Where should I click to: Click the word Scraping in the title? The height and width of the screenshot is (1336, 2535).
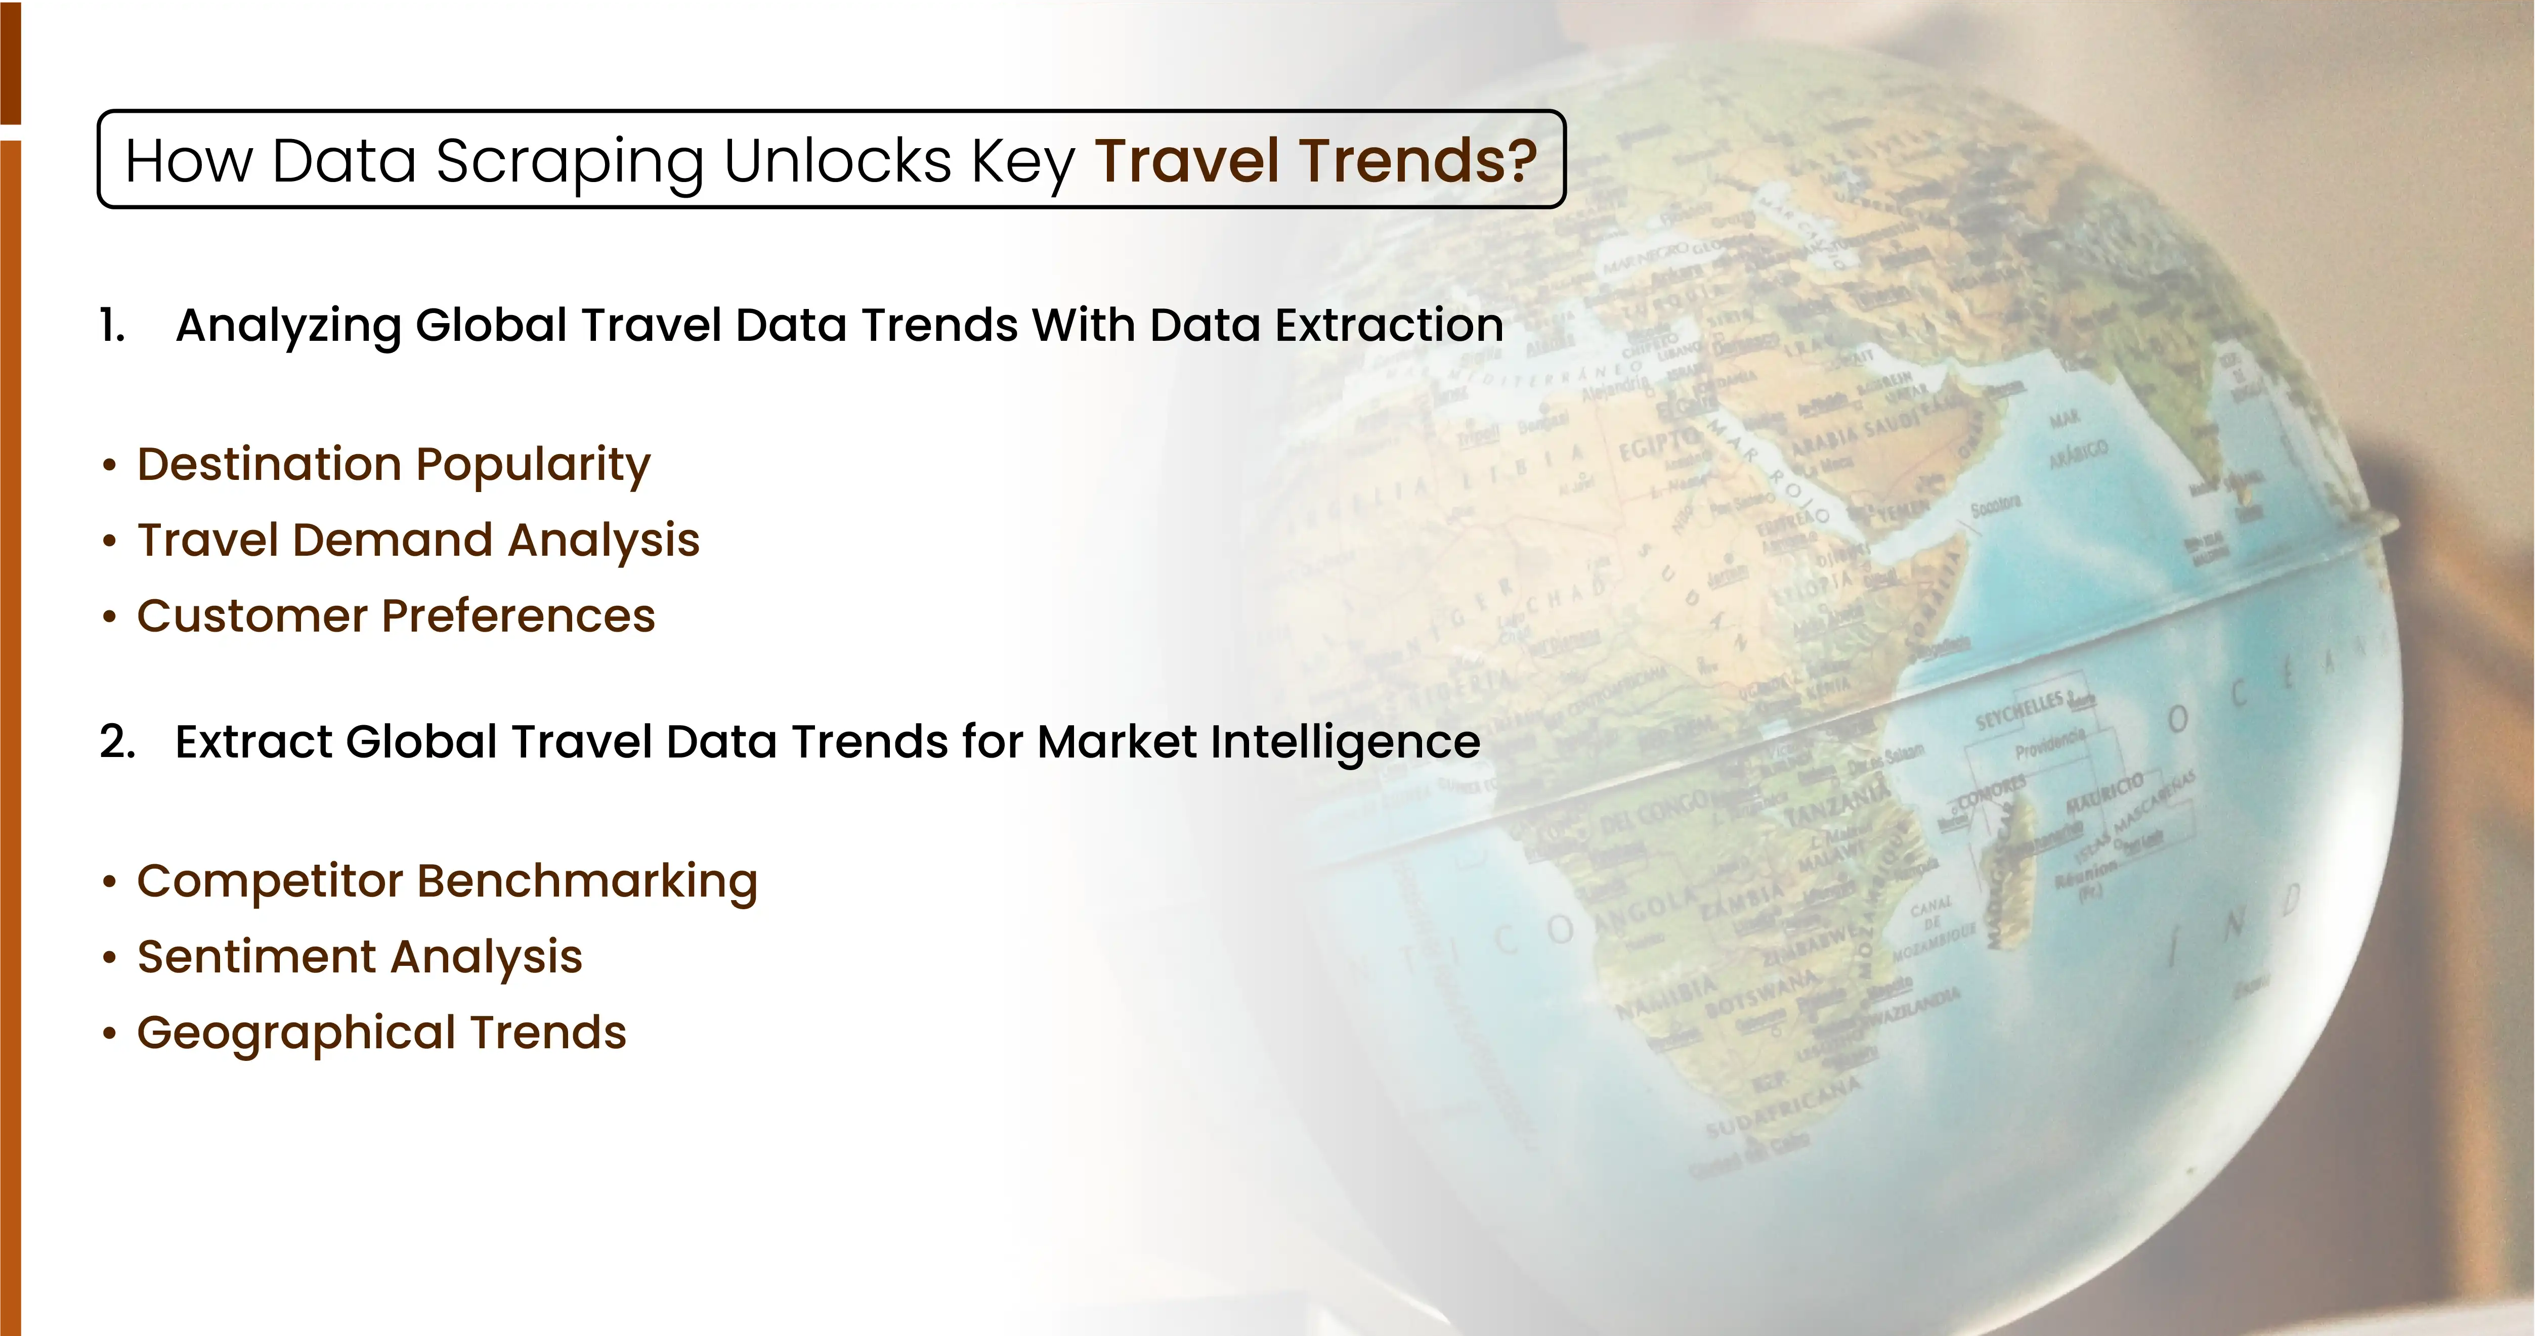click(569, 160)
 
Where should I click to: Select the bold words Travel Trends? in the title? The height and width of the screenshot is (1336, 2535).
click(1316, 160)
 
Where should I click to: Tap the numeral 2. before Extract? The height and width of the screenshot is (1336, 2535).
click(117, 742)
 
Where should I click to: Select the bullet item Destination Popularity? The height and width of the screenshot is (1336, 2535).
click(394, 464)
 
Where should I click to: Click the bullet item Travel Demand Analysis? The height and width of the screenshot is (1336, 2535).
click(418, 540)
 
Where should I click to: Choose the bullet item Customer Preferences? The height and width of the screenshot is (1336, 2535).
click(396, 616)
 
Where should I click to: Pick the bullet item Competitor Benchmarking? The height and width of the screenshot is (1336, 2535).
click(447, 880)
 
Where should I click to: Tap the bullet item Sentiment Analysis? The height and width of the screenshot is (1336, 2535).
click(359, 956)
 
